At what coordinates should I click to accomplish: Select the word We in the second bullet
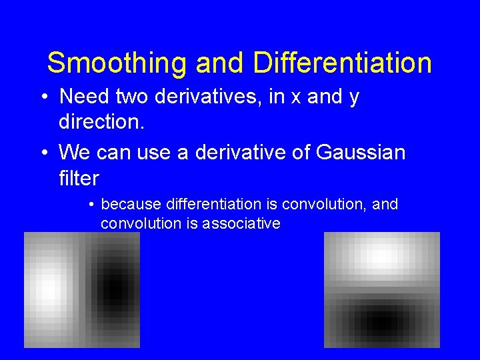point(73,152)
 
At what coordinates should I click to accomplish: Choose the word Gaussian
point(361,153)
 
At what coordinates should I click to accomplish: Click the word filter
point(79,178)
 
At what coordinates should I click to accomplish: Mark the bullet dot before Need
point(43,97)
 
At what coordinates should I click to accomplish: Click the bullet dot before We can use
point(43,153)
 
